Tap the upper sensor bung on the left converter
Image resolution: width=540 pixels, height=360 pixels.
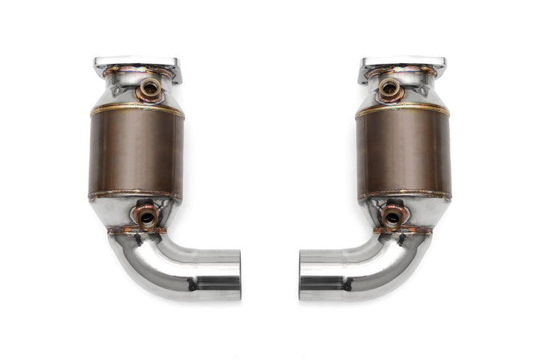click(149, 88)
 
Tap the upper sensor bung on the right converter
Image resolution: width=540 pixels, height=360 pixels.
click(390, 88)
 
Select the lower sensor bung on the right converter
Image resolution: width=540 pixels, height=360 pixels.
click(392, 218)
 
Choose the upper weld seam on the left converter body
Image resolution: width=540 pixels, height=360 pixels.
click(136, 110)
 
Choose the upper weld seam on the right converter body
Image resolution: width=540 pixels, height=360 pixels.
click(403, 110)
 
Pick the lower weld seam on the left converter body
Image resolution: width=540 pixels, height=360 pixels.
click(135, 196)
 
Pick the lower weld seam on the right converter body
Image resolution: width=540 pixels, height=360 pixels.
click(404, 196)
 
